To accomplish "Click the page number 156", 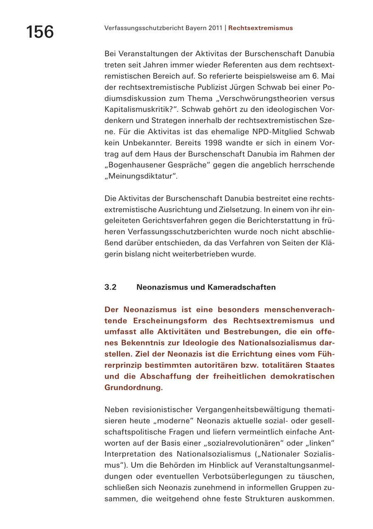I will pos(40,32).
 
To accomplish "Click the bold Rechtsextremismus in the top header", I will pos(260,28).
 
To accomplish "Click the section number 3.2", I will pos(110,287).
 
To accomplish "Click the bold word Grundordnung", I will pos(133,388).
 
